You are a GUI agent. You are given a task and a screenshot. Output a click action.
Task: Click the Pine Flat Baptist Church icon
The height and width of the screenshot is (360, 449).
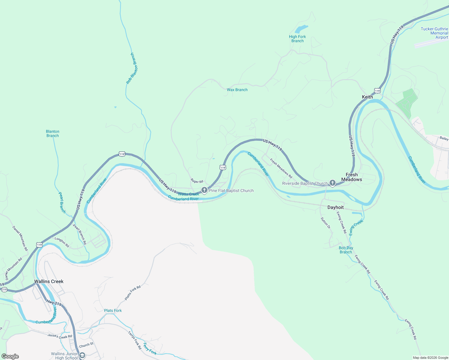(204, 190)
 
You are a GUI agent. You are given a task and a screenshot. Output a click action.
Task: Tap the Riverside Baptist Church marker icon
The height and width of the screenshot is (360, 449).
(332, 183)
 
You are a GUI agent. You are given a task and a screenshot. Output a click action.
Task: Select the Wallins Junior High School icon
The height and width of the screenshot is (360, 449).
(82, 355)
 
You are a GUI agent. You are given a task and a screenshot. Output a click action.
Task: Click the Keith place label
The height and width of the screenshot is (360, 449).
(367, 97)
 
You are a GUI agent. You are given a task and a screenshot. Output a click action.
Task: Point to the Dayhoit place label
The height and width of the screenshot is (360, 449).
(336, 207)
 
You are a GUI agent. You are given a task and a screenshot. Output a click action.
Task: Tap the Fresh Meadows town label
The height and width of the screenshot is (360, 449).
(351, 177)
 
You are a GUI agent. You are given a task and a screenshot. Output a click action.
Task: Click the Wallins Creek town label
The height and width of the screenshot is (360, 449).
(49, 281)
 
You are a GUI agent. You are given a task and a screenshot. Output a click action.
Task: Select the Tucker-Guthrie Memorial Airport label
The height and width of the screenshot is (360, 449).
(435, 33)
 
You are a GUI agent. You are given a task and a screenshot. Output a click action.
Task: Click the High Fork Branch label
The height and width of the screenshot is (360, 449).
(297, 39)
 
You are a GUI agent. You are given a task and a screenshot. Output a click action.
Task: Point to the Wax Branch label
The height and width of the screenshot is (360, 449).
(237, 90)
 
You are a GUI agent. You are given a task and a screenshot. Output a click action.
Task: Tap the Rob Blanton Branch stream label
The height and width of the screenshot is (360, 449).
(132, 68)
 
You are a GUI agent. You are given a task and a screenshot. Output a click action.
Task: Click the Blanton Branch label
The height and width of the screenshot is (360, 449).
(53, 133)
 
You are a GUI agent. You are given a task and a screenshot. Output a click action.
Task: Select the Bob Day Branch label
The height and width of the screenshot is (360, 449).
(346, 250)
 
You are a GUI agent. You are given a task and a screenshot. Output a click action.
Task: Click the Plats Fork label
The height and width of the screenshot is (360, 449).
(113, 310)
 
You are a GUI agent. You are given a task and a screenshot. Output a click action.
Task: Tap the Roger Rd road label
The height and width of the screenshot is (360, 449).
(197, 181)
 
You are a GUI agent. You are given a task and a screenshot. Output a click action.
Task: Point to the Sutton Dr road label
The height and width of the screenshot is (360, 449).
(325, 223)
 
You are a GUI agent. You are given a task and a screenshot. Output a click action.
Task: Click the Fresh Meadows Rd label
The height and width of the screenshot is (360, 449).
(281, 168)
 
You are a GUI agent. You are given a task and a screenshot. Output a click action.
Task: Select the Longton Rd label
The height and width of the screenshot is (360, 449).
(62, 242)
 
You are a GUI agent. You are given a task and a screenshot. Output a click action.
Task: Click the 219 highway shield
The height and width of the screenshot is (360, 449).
(4, 290)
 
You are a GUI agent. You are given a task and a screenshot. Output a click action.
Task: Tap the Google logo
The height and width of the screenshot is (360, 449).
(10, 356)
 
